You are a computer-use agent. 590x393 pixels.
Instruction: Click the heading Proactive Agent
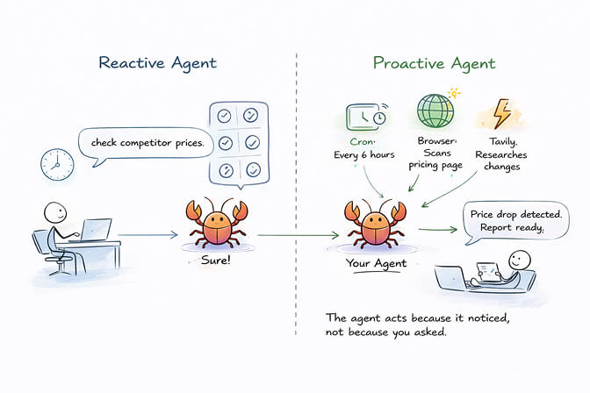434,63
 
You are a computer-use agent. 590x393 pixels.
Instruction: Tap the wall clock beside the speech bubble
54,162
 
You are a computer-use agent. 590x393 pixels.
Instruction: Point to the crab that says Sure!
208,224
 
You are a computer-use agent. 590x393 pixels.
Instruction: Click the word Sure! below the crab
208,261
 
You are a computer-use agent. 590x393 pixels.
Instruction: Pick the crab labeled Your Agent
369,224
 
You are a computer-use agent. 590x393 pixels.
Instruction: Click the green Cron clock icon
363,118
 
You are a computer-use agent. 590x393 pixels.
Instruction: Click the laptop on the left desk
97,229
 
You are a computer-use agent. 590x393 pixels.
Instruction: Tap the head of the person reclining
522,260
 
